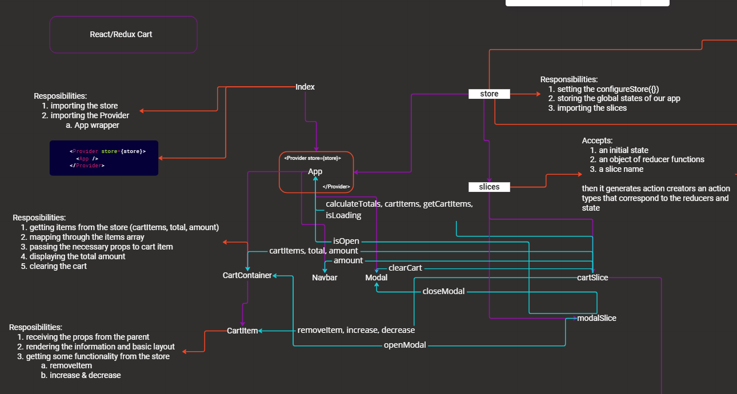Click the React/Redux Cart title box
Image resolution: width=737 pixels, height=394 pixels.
coord(123,34)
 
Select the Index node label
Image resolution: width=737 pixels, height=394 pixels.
coord(305,87)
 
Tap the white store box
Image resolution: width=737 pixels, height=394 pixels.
coord(489,94)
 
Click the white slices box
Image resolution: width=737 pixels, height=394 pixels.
coord(489,187)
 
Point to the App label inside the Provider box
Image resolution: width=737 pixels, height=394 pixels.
coord(315,171)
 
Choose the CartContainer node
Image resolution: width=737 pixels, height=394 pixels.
coord(247,275)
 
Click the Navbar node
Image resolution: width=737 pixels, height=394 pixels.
coord(325,278)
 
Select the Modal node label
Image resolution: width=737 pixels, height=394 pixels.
coord(376,278)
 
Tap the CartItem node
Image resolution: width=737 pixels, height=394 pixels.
coord(242,331)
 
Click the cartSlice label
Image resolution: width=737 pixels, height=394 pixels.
coord(592,278)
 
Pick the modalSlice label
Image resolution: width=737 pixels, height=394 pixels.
coord(597,318)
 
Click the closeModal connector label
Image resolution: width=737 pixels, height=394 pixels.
coord(443,291)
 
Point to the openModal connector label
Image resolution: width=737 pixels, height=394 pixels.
coord(405,345)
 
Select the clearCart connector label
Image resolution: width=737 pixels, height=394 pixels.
coord(406,268)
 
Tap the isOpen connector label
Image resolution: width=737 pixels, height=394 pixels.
coord(346,241)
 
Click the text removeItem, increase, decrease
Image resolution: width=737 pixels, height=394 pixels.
coord(357,330)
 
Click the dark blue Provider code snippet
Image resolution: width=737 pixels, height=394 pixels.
coord(104,158)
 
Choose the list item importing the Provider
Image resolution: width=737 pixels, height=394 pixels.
coord(86,115)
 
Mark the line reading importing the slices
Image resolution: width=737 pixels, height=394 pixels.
coord(588,108)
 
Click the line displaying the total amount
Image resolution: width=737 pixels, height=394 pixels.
coord(73,256)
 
